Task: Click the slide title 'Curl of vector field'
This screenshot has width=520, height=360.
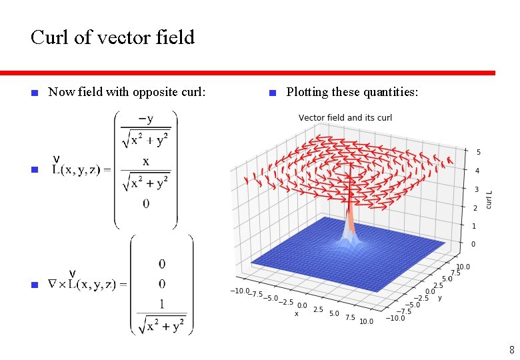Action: (x=113, y=37)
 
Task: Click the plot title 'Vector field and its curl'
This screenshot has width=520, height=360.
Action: (x=345, y=118)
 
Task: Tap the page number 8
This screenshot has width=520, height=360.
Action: (x=511, y=349)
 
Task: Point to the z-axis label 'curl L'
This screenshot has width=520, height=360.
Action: (x=490, y=199)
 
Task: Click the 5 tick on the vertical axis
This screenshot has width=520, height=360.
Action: (x=478, y=153)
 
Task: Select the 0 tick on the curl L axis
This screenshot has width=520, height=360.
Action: (x=474, y=245)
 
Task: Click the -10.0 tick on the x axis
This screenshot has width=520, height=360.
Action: (x=240, y=291)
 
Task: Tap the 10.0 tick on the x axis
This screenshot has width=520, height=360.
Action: (x=366, y=321)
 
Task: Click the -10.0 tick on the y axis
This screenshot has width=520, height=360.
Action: (x=396, y=318)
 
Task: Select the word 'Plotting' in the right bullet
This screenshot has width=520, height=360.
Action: (x=306, y=92)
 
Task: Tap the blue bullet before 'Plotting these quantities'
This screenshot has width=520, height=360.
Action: (x=272, y=93)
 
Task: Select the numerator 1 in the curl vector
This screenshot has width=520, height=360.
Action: (x=162, y=305)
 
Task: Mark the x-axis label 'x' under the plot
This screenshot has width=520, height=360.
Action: (x=297, y=313)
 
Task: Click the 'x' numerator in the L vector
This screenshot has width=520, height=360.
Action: (x=145, y=161)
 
